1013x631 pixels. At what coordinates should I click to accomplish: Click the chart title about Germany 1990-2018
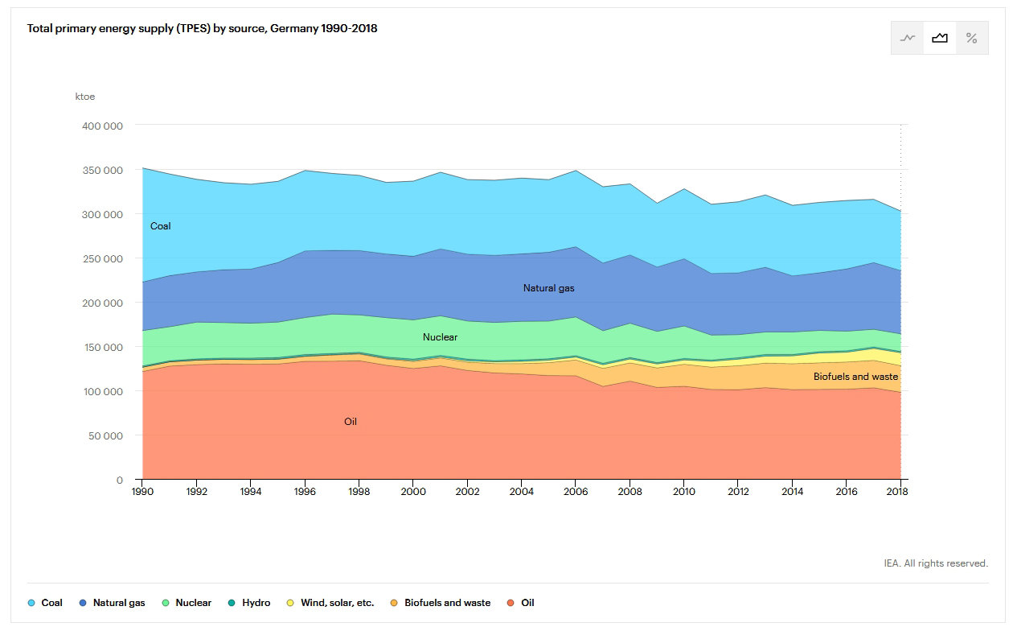[202, 28]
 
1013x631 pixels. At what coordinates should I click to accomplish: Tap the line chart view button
[908, 38]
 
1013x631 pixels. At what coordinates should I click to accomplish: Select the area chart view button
[939, 38]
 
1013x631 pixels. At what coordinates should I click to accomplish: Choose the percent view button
[971, 38]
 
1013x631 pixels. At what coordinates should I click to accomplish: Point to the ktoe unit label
[84, 97]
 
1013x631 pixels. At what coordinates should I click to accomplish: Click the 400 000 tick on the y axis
[102, 126]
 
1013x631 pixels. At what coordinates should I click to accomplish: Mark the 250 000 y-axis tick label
[102, 258]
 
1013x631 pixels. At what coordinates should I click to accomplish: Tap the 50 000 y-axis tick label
[105, 435]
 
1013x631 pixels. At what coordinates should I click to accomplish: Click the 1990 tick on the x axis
[142, 491]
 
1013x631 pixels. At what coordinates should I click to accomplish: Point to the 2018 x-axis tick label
[899, 491]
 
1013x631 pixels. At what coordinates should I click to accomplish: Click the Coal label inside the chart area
[161, 226]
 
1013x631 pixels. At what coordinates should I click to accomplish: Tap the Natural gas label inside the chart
[548, 287]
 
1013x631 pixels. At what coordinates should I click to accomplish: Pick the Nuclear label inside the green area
[440, 337]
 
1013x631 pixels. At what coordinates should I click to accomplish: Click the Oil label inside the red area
[351, 422]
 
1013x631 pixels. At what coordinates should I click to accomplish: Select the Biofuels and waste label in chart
[855, 377]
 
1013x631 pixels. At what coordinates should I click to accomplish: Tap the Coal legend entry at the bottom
[46, 603]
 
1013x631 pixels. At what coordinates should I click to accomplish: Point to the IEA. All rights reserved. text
[935, 563]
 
